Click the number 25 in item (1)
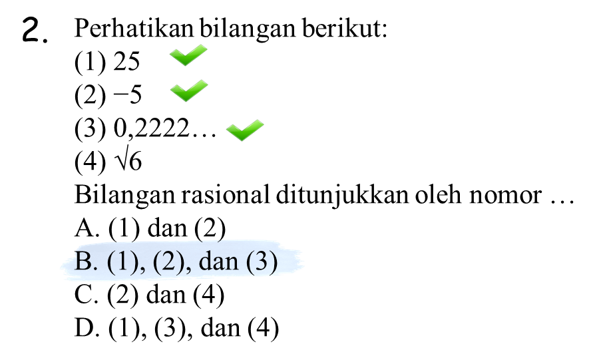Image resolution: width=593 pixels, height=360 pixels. [126, 61]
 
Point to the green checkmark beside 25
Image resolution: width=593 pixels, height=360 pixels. [188, 55]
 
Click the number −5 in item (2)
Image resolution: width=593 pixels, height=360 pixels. [127, 94]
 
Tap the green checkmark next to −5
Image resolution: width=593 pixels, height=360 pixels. [189, 90]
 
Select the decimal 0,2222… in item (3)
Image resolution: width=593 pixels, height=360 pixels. [165, 128]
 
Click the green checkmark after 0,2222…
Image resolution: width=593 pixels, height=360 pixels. [245, 130]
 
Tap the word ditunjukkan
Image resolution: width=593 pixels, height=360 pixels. [342, 196]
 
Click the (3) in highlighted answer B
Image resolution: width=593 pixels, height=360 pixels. [262, 262]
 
